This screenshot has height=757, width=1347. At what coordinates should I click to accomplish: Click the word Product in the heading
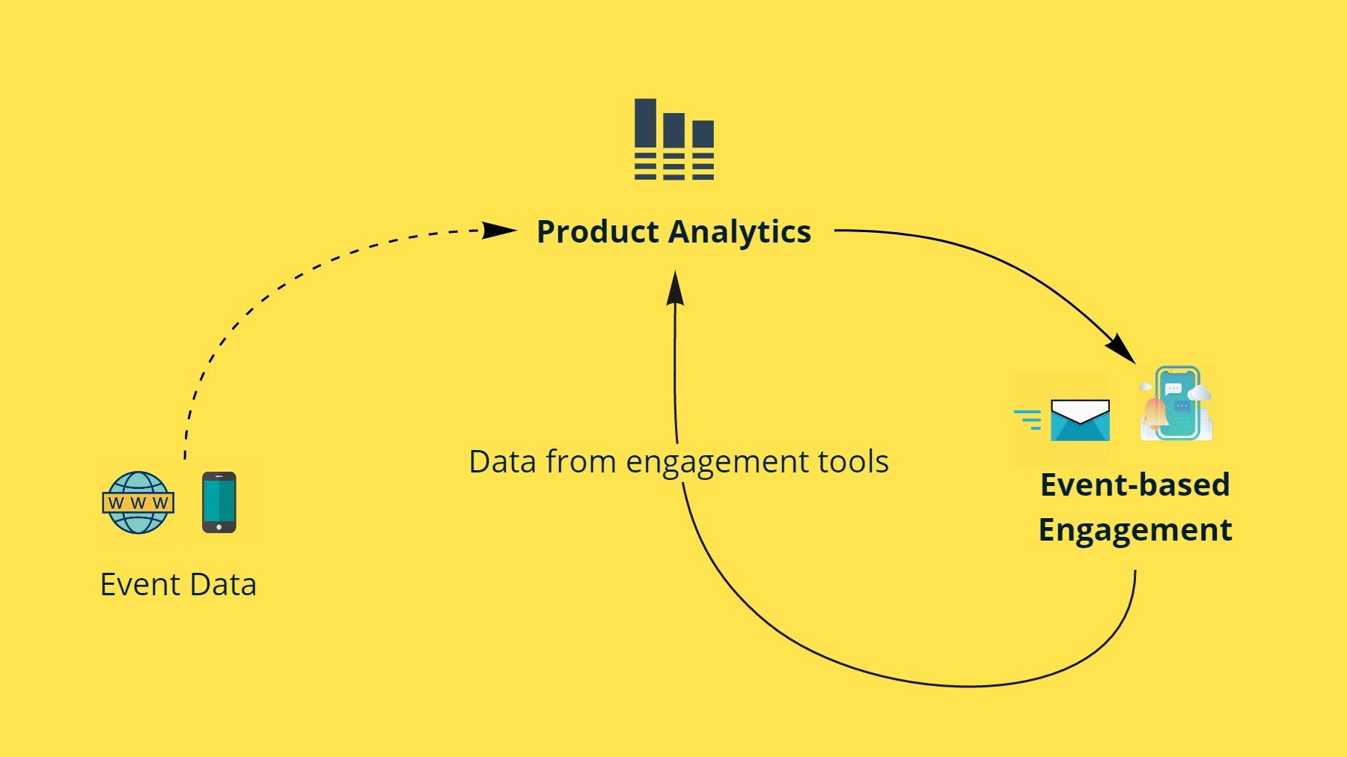coord(597,232)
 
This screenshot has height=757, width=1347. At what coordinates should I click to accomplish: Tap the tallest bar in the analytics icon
coord(645,124)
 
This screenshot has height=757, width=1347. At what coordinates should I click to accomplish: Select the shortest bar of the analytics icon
coord(703,134)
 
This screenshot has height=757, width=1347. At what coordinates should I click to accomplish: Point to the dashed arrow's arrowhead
coord(498,230)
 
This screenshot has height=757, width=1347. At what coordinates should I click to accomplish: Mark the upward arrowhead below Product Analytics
coord(675,288)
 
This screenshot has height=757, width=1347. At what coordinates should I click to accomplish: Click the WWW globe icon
coord(138,502)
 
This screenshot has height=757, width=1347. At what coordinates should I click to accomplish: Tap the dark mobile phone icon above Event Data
coord(219,502)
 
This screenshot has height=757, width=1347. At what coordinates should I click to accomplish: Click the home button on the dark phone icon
coord(219,527)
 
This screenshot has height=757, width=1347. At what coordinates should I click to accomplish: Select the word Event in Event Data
coord(140,585)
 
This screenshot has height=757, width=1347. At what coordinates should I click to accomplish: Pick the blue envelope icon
coord(1080,421)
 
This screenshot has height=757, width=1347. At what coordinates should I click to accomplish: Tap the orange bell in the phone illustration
coord(1155,413)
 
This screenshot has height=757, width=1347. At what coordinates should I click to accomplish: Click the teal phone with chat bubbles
coord(1179,403)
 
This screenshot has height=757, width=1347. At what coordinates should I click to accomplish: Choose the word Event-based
coord(1134,485)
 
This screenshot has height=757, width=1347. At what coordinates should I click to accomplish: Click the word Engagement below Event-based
coord(1134,530)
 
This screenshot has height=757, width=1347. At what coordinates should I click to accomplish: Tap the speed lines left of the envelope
coord(1028,419)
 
